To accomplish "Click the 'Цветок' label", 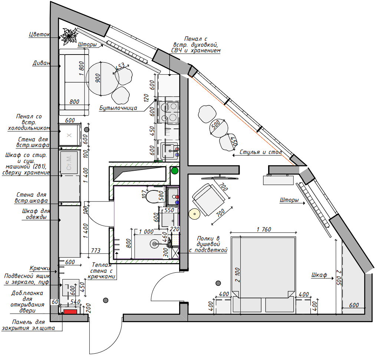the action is [39, 35].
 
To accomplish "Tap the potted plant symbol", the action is [69, 36].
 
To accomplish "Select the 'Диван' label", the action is [41, 63].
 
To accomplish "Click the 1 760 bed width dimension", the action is [264, 229].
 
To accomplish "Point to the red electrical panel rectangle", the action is [70, 312].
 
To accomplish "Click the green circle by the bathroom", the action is [175, 171].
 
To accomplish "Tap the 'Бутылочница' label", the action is [118, 108].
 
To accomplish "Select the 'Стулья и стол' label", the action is [261, 152].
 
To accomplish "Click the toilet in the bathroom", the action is [153, 196].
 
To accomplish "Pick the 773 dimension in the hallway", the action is [95, 251].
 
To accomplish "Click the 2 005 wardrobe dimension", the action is [339, 277].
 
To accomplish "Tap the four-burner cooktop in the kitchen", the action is [168, 112].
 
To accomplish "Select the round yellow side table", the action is [194, 214].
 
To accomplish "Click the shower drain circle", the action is [154, 244].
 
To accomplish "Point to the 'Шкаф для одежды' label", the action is [36, 214].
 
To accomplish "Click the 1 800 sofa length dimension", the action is [82, 68].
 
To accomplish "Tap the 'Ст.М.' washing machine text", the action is [69, 162].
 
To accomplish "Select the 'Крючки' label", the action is [40, 268].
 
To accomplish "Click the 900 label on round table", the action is [98, 78].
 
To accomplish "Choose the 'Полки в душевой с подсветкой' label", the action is [208, 244].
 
